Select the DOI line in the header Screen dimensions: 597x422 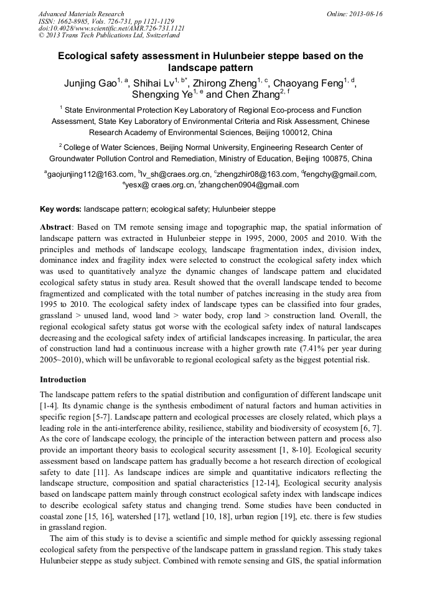111,29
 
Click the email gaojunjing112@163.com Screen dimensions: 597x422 90,175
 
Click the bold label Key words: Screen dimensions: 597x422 60,209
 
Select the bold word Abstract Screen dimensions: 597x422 55,227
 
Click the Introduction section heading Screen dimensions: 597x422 63,380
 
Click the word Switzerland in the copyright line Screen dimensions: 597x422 155,36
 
